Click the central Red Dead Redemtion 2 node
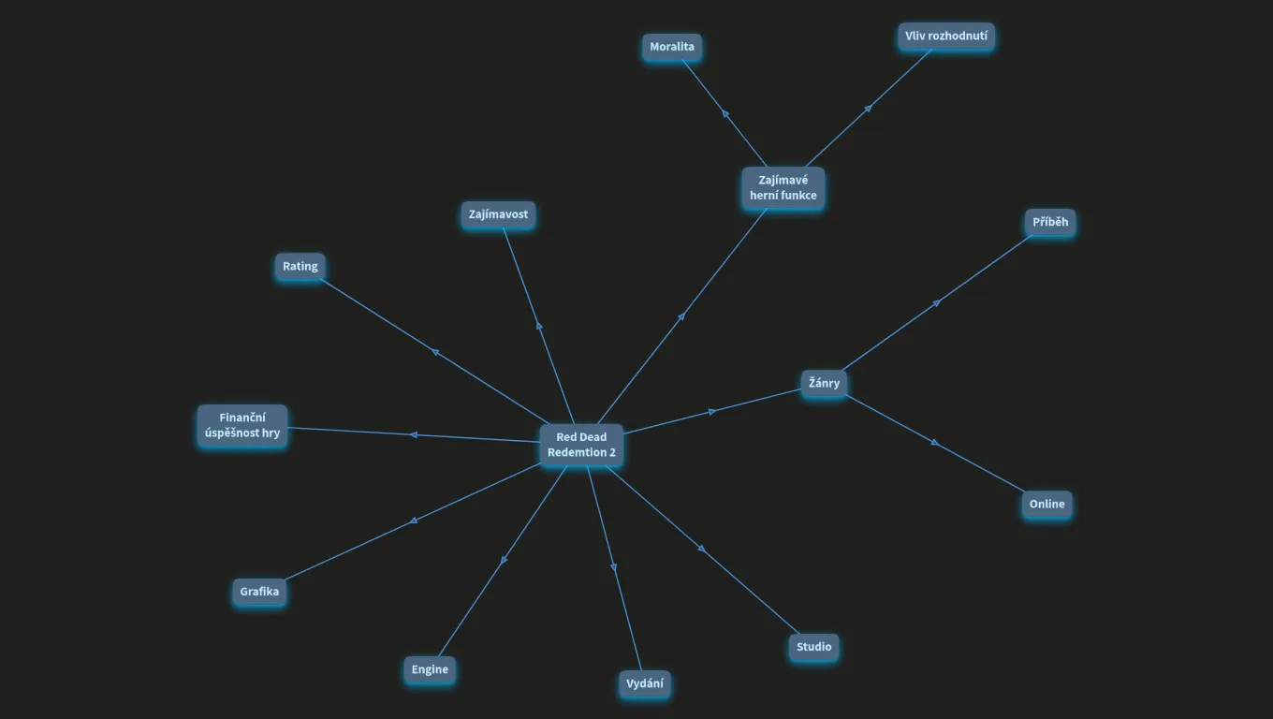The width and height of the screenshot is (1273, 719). coord(581,445)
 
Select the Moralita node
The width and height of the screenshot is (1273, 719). coord(672,47)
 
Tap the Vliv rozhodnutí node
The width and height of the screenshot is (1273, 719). coord(946,36)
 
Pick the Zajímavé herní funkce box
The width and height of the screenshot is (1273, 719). coord(783,187)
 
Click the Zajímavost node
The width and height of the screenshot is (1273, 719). coord(498,214)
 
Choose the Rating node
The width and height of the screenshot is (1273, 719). coord(300,266)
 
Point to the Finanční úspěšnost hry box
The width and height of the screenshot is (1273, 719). coord(242,425)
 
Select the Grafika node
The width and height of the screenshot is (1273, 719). coord(259,591)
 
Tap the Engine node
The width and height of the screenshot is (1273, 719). coord(430,669)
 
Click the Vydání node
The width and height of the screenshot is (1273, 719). coord(644,683)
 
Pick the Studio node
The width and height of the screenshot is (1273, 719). coord(813,647)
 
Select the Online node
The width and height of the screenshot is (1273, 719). coord(1046,505)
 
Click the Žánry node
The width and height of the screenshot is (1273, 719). coord(824,383)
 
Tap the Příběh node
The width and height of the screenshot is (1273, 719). coord(1050,222)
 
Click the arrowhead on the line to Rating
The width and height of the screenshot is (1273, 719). coord(435,352)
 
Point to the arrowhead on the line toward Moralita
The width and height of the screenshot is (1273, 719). coord(725,113)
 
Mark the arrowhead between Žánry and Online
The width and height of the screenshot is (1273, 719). coord(935,442)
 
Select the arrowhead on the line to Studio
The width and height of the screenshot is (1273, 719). coord(702,549)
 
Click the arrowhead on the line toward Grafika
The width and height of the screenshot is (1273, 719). coord(414,521)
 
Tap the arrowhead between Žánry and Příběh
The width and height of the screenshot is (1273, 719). coord(937,303)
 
